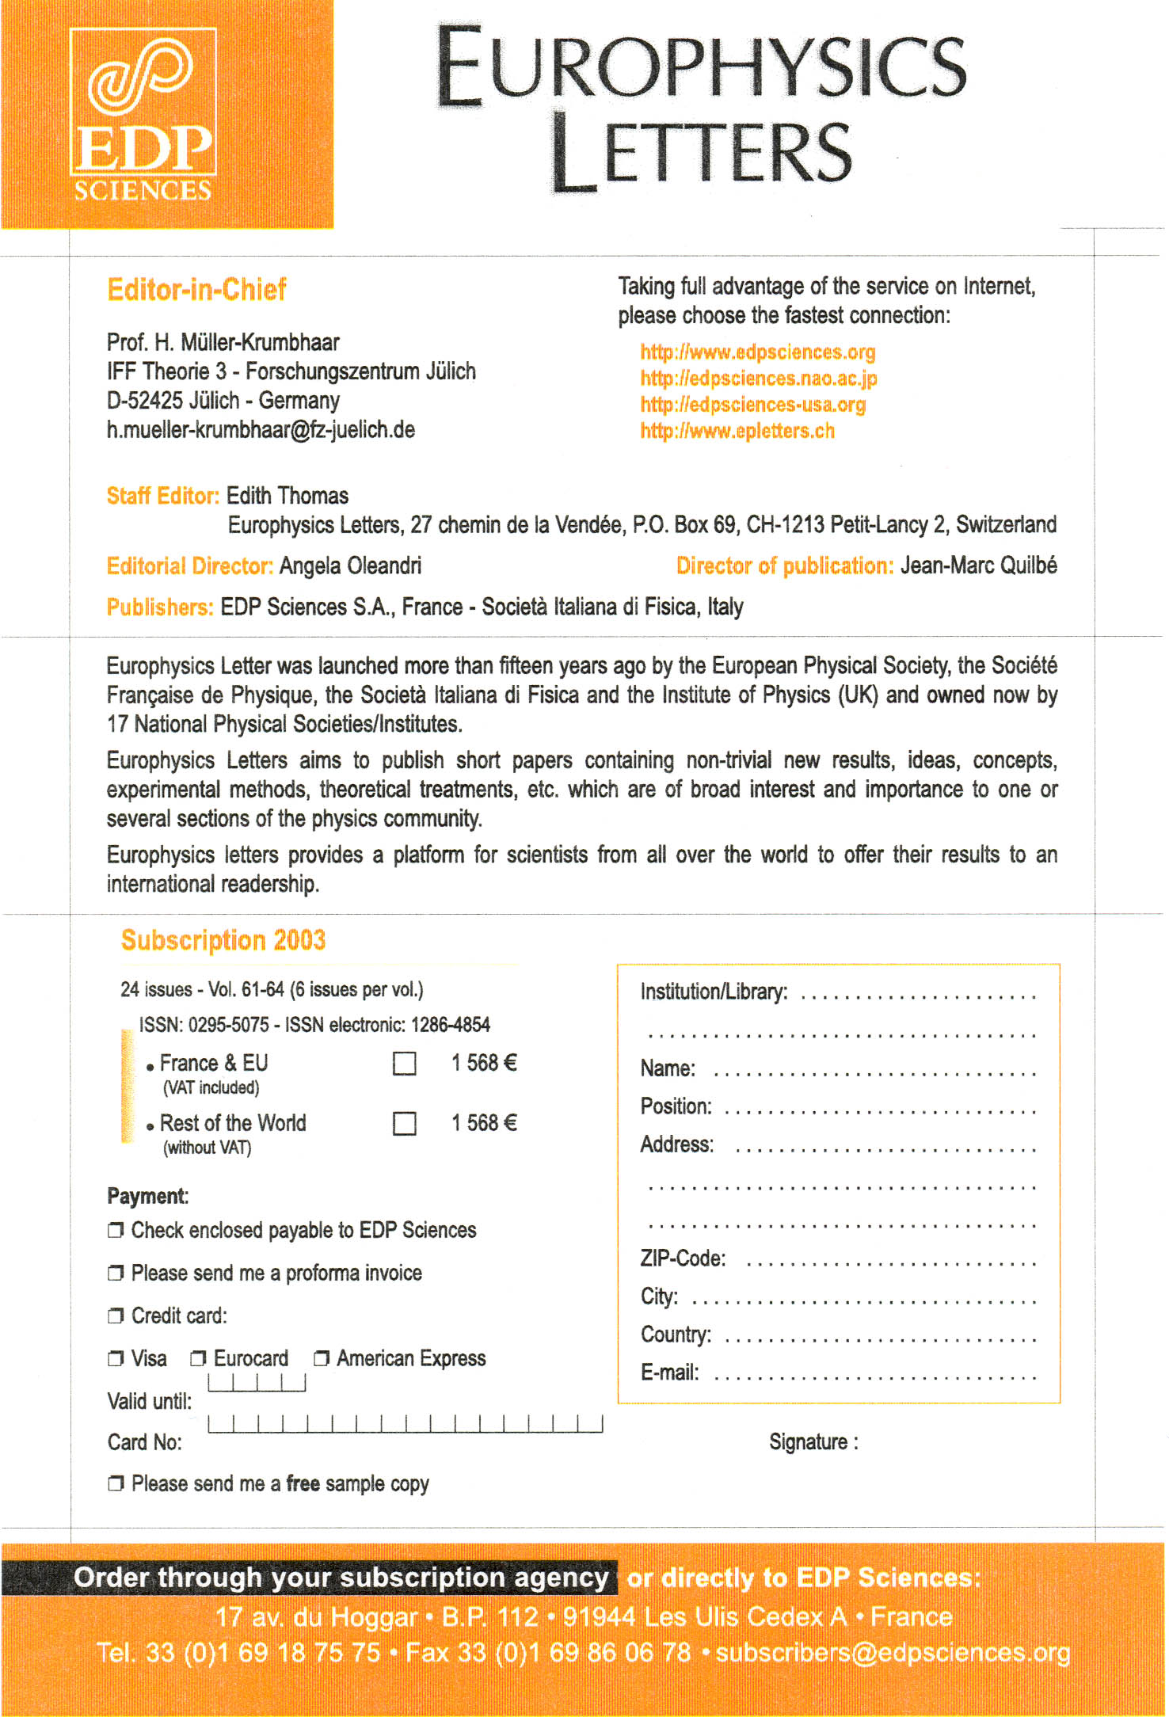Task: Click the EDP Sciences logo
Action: coord(143,115)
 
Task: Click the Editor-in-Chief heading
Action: coord(196,290)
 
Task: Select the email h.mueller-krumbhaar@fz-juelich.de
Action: coord(261,430)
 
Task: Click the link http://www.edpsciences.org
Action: coord(757,352)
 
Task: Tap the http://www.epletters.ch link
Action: coord(737,431)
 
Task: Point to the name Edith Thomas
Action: coord(287,496)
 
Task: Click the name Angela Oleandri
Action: coord(350,566)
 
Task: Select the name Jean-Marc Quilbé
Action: coord(978,565)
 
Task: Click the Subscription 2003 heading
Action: coord(223,940)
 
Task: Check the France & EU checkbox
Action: coord(405,1063)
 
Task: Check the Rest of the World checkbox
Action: coord(405,1123)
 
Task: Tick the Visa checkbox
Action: coord(116,1359)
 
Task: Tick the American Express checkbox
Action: coord(321,1359)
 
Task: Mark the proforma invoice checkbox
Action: coord(116,1273)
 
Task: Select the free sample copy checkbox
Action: coord(116,1483)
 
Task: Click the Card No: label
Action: coord(144,1442)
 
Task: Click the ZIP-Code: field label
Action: coord(683,1258)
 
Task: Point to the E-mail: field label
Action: coord(669,1372)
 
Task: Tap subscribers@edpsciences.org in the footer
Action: coord(893,1653)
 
